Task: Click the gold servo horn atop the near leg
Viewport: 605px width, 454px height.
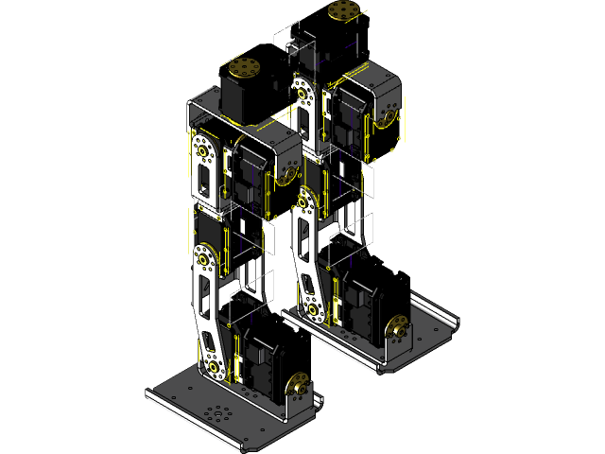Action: pos(245,68)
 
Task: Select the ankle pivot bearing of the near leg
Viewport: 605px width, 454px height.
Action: pos(216,366)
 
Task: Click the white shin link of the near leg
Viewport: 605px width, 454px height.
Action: pos(207,312)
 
